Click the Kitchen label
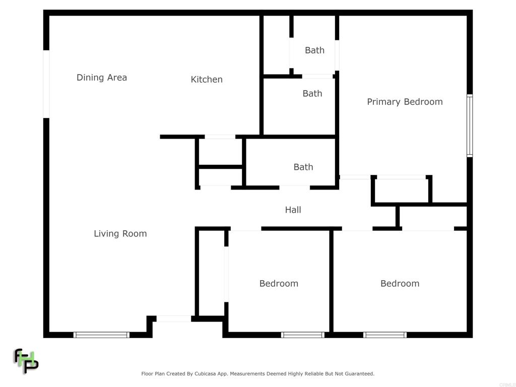[207, 79]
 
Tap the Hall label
[293, 210]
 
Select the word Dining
[91, 78]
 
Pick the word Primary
[384, 102]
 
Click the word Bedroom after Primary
[423, 102]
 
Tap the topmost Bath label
[314, 50]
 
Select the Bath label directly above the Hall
[303, 167]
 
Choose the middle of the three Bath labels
[312, 93]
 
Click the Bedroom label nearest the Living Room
[279, 283]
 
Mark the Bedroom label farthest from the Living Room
[400, 283]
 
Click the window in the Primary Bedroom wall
[470, 125]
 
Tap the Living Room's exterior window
[101, 335]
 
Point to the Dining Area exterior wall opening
[46, 84]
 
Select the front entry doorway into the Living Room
[174, 318]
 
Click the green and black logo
[26, 361]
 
